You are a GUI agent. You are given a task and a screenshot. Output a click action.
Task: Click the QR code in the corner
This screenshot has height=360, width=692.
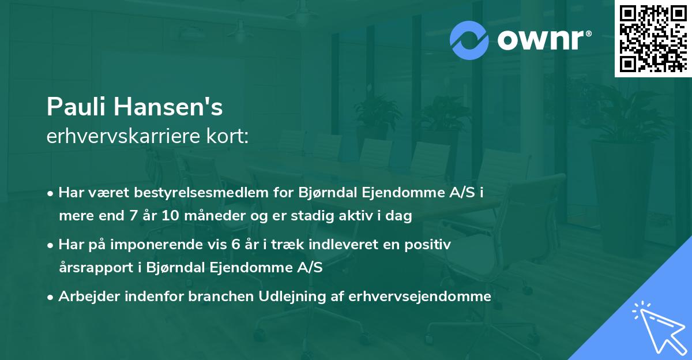653,38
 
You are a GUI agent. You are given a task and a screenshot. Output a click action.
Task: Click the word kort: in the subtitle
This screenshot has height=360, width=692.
230,137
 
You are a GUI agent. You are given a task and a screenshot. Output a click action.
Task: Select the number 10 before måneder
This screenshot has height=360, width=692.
171,216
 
